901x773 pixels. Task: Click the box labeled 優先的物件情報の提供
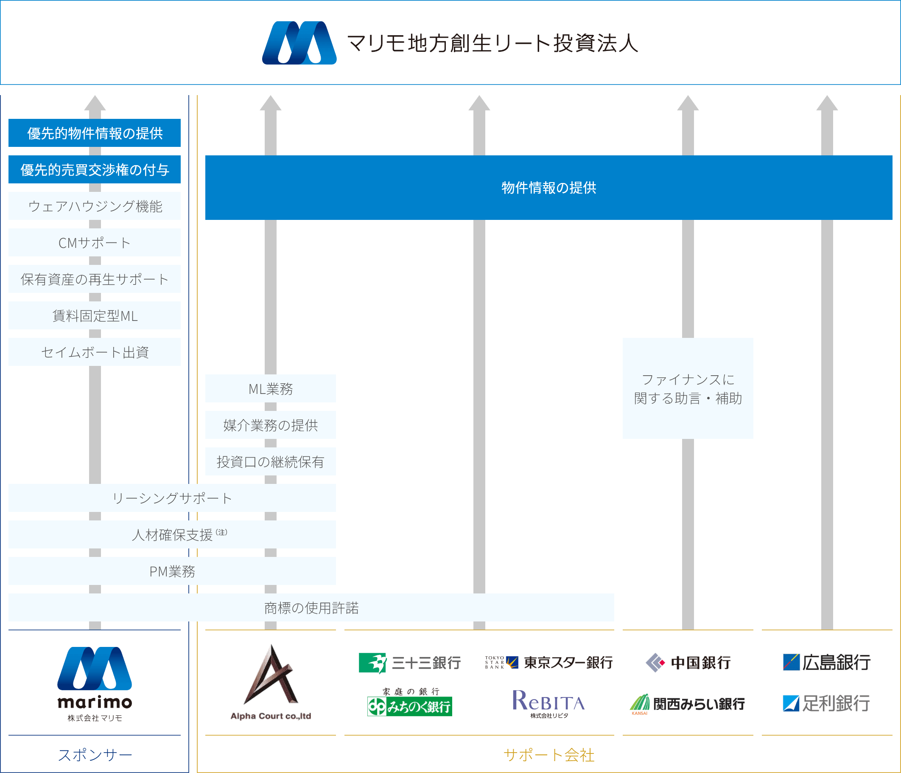click(94, 133)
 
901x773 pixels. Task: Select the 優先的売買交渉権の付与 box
click(94, 169)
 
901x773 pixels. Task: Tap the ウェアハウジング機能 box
click(94, 206)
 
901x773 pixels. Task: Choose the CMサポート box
click(94, 242)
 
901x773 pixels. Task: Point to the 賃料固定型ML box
click(94, 315)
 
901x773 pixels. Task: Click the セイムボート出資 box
click(94, 352)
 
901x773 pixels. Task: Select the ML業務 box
click(270, 389)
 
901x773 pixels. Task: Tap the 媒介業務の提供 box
click(270, 425)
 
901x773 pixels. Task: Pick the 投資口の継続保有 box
click(270, 462)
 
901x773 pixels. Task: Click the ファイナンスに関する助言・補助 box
click(688, 389)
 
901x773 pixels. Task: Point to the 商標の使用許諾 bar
click(311, 607)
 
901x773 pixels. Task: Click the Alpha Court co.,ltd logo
click(271, 682)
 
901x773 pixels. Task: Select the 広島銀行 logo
click(827, 663)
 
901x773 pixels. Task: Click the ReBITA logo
click(548, 702)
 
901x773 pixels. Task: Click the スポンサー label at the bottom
click(95, 755)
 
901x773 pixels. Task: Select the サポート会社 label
click(548, 755)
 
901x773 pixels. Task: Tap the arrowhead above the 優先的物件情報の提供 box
click(95, 104)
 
